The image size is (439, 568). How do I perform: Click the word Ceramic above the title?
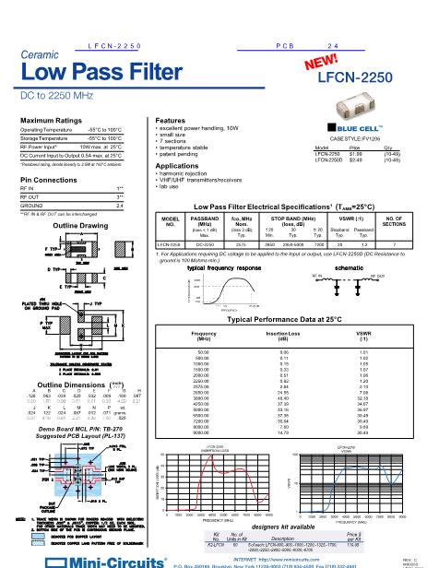[x=36, y=55]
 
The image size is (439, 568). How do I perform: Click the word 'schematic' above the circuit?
[x=352, y=266]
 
